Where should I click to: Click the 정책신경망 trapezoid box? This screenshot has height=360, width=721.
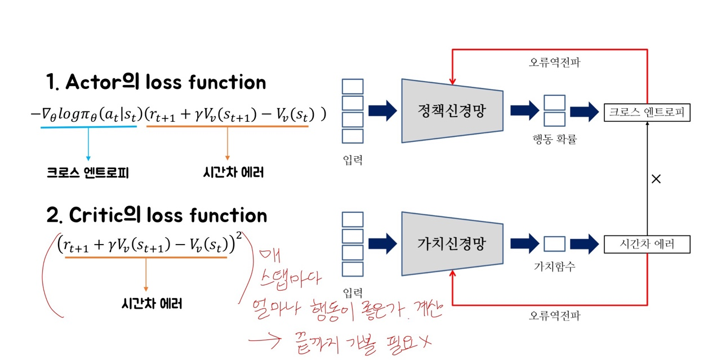coord(452,111)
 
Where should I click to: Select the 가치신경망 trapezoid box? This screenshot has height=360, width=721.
coord(452,244)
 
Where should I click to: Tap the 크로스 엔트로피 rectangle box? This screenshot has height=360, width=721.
coord(647,112)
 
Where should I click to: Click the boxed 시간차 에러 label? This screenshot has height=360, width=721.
coord(647,245)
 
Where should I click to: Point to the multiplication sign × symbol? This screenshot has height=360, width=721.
coord(656,179)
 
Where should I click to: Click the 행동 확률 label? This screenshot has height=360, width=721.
coord(554,139)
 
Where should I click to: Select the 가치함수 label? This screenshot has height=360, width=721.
coord(554,266)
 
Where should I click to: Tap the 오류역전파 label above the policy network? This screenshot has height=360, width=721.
coord(554,62)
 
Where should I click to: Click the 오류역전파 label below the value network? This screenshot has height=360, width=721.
coord(554,315)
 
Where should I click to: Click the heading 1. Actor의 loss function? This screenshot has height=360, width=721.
coord(156,82)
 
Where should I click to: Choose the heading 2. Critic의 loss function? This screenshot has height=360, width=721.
coord(157,215)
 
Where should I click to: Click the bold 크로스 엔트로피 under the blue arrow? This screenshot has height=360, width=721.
coord(88,173)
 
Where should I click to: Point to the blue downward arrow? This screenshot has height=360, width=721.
coord(88,143)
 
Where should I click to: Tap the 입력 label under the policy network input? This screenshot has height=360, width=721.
coord(353,160)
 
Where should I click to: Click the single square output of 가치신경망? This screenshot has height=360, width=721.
coord(554,244)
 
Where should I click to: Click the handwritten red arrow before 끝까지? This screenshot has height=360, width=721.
coord(269,340)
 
